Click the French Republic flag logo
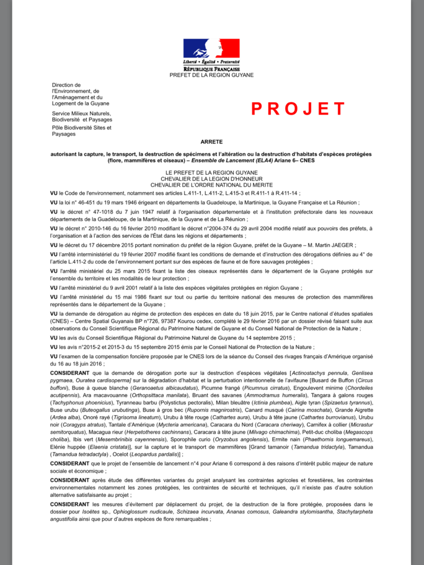211,49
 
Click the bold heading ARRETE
211,142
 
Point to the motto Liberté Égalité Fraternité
211,63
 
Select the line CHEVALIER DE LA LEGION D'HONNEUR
211,178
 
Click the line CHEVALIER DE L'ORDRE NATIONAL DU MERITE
211,185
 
